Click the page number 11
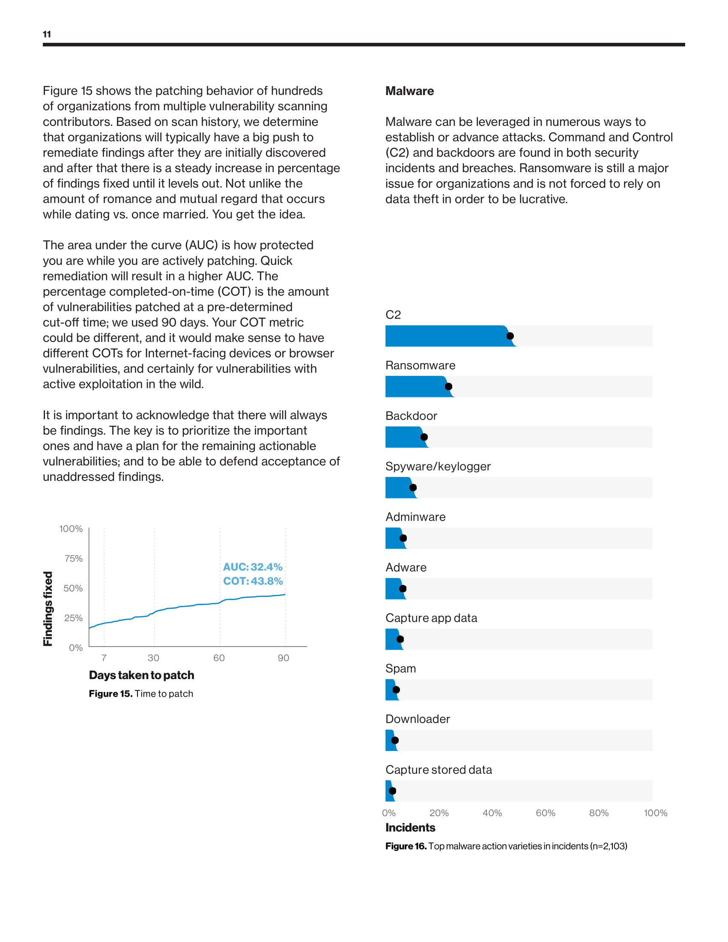(47, 34)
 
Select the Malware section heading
(409, 91)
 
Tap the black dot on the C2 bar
(510, 336)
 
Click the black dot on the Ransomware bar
(448, 387)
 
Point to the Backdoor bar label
(411, 416)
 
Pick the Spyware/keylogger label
(438, 466)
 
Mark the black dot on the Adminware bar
(403, 538)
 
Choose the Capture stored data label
(439, 769)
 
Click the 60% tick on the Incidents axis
(545, 813)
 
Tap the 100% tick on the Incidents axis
(655, 813)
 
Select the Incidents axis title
(410, 828)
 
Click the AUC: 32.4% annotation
(252, 567)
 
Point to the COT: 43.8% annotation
(253, 581)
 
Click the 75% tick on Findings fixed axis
(73, 558)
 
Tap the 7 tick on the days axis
(104, 658)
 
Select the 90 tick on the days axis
(283, 658)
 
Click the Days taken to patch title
(141, 675)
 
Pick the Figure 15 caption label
(110, 694)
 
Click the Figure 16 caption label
(406, 846)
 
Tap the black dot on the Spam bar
(397, 690)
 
